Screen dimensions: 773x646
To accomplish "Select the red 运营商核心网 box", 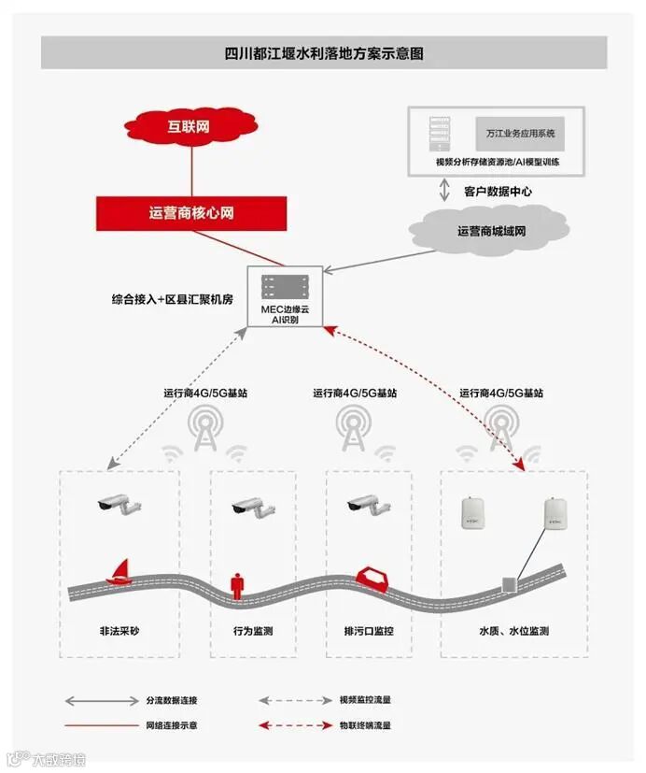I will pos(191,213).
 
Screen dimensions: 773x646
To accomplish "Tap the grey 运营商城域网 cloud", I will pos(491,230).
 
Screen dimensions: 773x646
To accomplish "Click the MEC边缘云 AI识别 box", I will pos(285,296).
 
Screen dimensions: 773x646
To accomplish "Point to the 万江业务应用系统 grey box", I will pos(519,135).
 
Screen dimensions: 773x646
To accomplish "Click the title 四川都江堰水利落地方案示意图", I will pos(324,53).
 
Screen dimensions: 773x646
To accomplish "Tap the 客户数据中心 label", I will pos(498,192).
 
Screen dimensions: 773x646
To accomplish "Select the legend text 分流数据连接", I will pos(171,700).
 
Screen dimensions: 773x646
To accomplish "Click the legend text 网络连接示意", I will pos(171,724).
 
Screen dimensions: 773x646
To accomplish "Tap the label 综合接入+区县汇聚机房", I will pos(173,301).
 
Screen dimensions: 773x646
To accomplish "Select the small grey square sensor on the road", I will pos(509,583).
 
